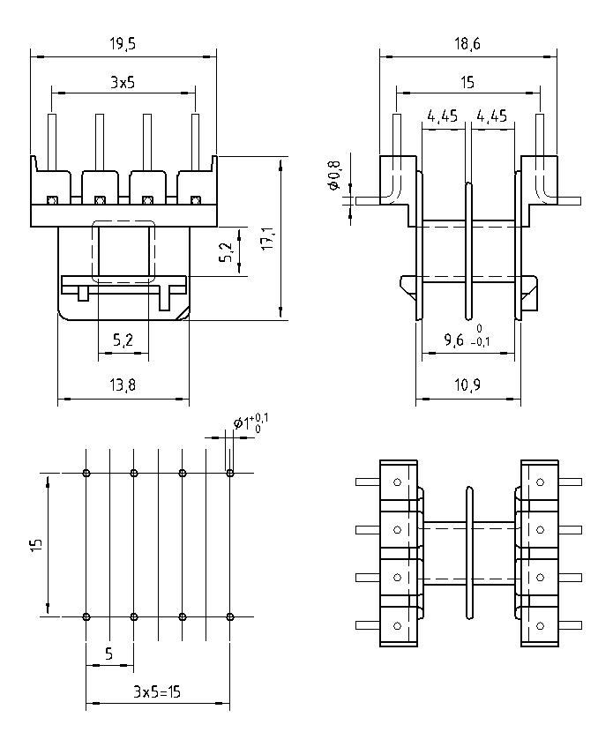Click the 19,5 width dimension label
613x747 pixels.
click(x=123, y=42)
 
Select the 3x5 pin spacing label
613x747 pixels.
click(x=123, y=81)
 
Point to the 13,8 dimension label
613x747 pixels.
click(x=123, y=385)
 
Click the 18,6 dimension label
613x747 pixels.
click(x=467, y=42)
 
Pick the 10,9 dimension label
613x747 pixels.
click(x=467, y=385)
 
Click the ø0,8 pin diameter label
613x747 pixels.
click(x=333, y=175)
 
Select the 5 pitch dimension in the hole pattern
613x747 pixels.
click(x=109, y=654)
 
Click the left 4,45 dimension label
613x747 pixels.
click(x=442, y=116)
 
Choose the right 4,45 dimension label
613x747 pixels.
click(x=491, y=116)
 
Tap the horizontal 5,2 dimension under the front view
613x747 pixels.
click(x=123, y=340)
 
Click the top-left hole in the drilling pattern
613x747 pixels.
click(x=86, y=474)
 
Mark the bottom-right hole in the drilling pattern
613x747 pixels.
click(x=229, y=616)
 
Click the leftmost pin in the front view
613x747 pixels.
click(x=52, y=141)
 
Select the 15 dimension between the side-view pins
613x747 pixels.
click(x=467, y=82)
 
